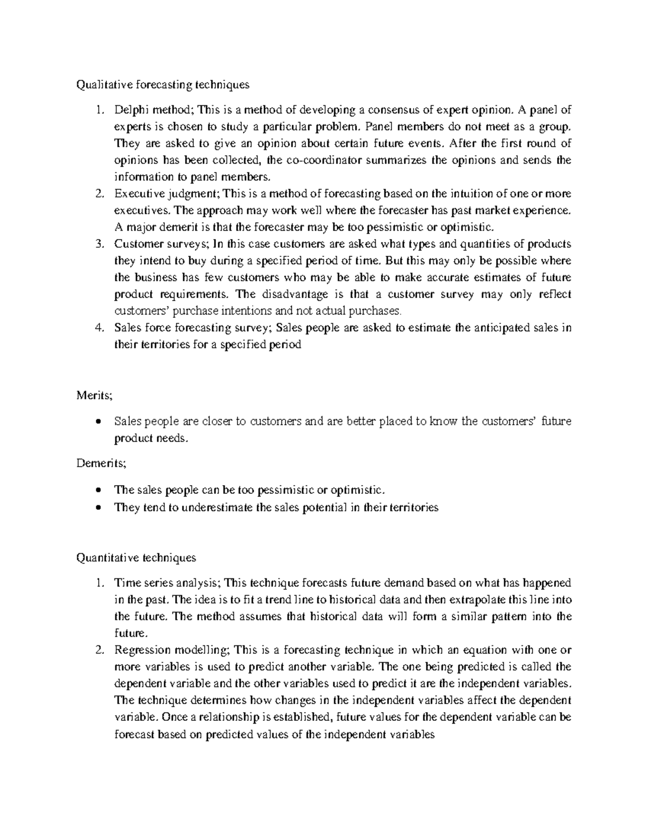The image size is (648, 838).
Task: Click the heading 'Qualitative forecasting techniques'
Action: click(163, 84)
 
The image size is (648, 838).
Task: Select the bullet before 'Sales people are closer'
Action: click(98, 422)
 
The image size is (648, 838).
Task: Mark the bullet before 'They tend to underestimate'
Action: click(98, 508)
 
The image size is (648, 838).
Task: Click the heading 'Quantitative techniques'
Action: click(136, 557)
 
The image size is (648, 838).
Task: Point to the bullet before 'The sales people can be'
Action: click(98, 490)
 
